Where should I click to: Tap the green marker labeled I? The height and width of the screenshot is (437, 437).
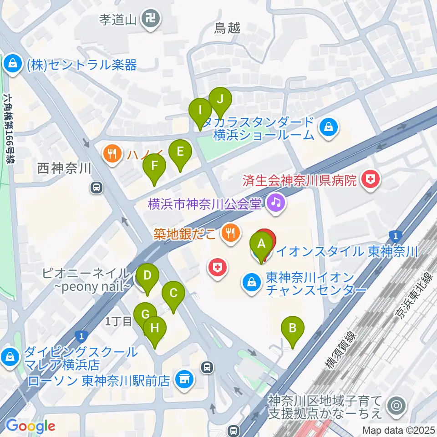tap(200, 111)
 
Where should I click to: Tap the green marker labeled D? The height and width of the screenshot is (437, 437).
tap(147, 276)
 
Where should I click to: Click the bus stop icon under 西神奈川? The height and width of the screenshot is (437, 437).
tap(96, 187)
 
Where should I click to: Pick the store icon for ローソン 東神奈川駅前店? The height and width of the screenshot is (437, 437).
tap(184, 378)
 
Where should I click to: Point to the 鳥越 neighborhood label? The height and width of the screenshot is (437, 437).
tap(227, 28)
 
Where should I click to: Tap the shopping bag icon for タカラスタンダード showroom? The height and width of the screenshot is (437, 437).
tap(328, 127)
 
